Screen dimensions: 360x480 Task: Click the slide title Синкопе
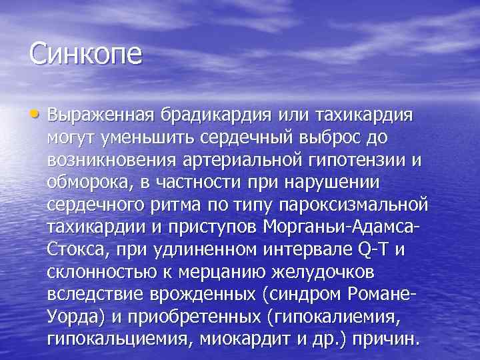(x=86, y=53)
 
